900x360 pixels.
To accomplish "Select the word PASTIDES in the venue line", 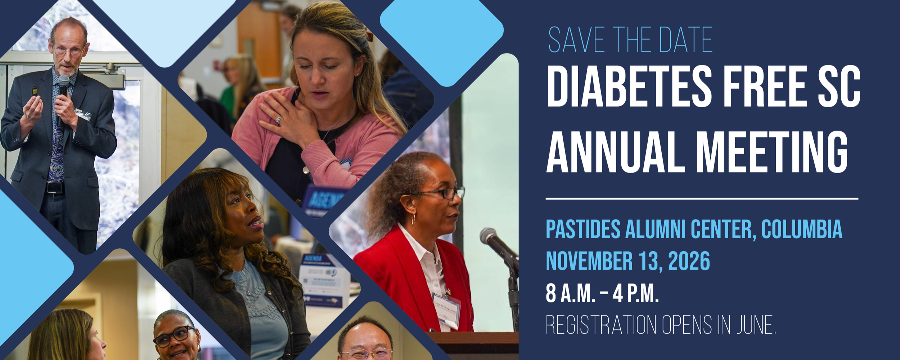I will click(x=583, y=229).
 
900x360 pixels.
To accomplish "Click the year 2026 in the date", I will click(x=689, y=261).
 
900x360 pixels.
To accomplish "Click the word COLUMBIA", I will click(x=802, y=229).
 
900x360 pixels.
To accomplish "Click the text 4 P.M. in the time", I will click(x=636, y=294).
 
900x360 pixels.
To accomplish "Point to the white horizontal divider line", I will click(x=702, y=199).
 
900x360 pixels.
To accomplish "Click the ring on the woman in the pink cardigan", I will click(x=278, y=120).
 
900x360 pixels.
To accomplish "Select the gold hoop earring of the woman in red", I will click(x=413, y=219).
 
